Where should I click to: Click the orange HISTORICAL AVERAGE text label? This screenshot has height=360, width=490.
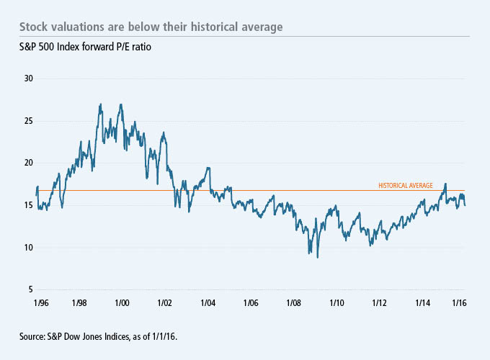[x=406, y=186]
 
